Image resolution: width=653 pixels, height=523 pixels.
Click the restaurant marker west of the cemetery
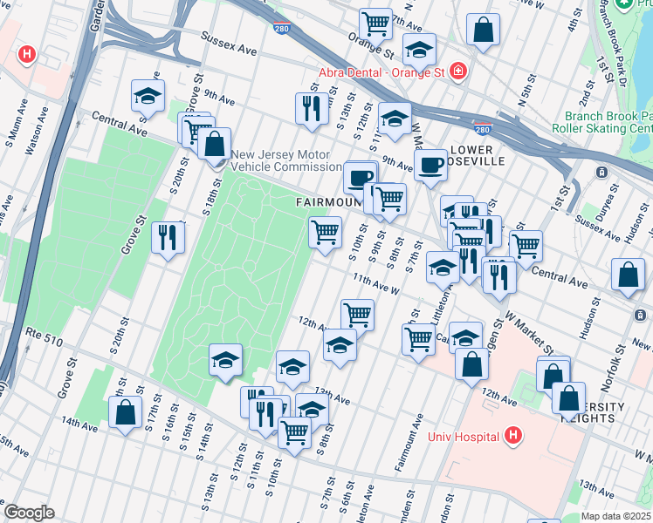click(166, 236)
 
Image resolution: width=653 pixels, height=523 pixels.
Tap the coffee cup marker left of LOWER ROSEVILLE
click(430, 164)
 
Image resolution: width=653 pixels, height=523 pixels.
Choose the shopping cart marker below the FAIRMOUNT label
click(325, 232)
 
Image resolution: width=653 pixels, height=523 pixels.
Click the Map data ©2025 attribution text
click(616, 516)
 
